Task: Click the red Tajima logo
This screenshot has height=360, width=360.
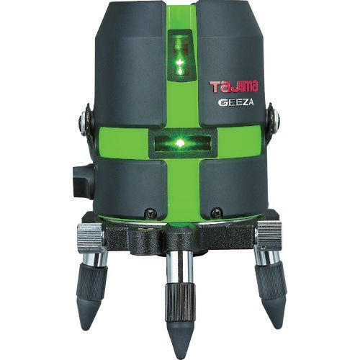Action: pyautogui.click(x=233, y=86)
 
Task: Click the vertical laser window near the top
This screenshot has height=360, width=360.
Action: pyautogui.click(x=180, y=56)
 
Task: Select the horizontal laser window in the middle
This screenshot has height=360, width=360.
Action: pyautogui.click(x=180, y=143)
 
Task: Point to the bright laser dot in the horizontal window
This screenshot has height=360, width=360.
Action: pyautogui.click(x=179, y=143)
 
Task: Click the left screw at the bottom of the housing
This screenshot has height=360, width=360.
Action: pyautogui.click(x=151, y=212)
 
